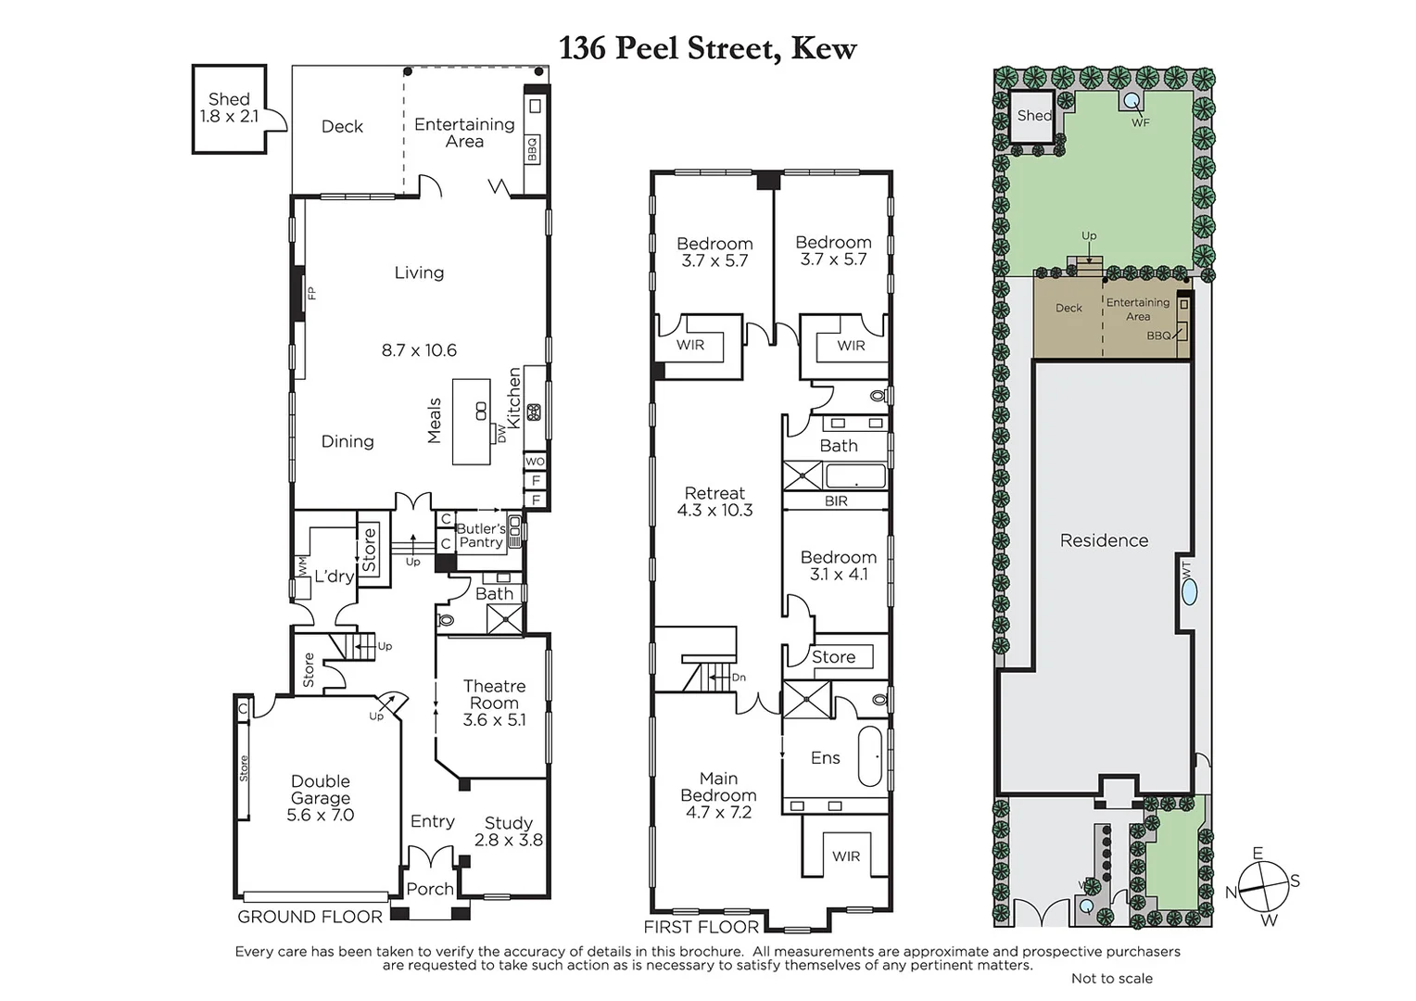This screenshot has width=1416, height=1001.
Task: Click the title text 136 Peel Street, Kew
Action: (707, 47)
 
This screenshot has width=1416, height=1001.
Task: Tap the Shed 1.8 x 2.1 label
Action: (229, 108)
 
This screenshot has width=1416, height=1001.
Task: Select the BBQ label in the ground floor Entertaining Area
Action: (533, 148)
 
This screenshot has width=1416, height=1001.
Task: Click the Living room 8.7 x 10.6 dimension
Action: (419, 350)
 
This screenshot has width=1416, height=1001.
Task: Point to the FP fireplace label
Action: (312, 293)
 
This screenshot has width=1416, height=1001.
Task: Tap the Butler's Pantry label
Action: (481, 536)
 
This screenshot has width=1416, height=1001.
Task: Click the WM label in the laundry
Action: (301, 564)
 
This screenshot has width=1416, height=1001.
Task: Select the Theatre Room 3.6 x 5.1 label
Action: (494, 703)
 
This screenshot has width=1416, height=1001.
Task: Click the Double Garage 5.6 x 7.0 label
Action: (321, 798)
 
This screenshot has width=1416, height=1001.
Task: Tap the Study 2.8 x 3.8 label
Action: (508, 831)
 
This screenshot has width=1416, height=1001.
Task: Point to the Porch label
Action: (430, 889)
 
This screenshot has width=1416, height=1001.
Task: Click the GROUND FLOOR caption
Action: (310, 917)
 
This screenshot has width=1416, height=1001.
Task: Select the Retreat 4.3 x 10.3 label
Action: (714, 501)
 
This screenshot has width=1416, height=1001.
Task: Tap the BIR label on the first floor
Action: (836, 501)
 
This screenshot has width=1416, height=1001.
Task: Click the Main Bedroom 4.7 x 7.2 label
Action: (718, 795)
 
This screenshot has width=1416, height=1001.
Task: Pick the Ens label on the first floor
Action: (825, 758)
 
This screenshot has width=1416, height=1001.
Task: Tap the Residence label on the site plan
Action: (1104, 540)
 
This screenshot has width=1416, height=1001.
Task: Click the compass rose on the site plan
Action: (1263, 887)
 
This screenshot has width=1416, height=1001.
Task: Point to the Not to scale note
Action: (1111, 978)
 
